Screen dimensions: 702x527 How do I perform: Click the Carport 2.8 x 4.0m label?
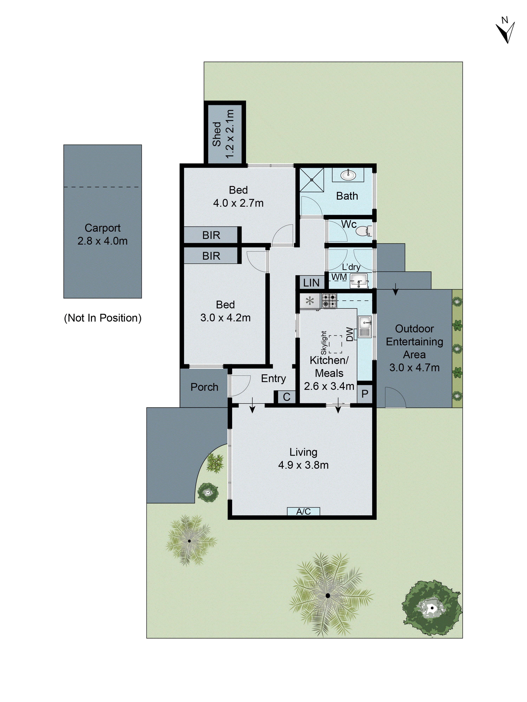(x=102, y=234)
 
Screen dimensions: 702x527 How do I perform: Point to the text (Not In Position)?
(x=103, y=318)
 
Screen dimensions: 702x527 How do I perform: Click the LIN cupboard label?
(x=311, y=282)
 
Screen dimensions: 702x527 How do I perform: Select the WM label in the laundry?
(x=339, y=277)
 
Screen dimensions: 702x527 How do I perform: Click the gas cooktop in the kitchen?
(x=329, y=301)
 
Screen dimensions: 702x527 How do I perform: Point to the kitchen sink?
(x=365, y=323)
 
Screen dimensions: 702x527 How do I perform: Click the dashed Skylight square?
(x=336, y=344)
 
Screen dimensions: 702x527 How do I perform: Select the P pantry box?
(x=365, y=394)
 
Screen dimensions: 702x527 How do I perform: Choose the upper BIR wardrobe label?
(x=211, y=235)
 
